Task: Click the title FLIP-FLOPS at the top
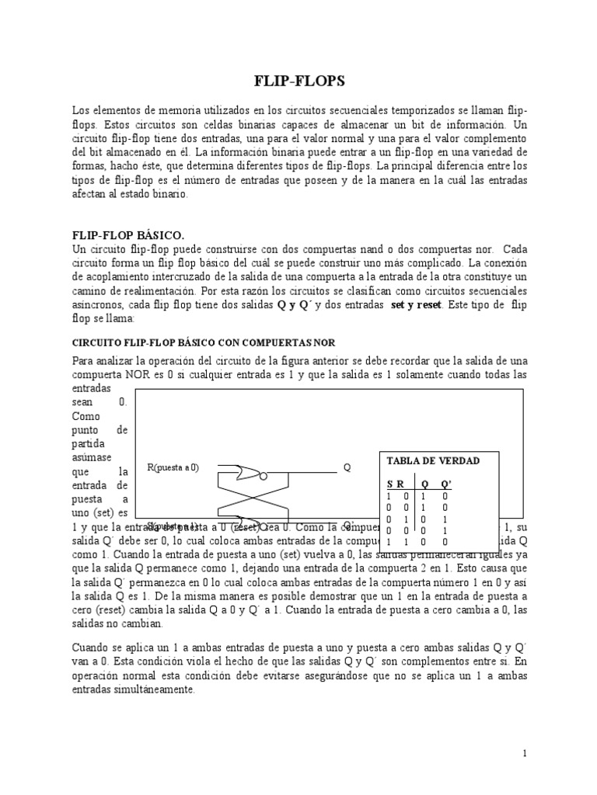298,81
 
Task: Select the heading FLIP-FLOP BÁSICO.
127,234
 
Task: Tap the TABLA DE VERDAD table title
433,460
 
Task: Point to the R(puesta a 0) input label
173,467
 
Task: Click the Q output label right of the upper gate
347,468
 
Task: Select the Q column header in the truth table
424,483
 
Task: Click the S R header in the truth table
396,483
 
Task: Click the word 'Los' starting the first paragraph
80,109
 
